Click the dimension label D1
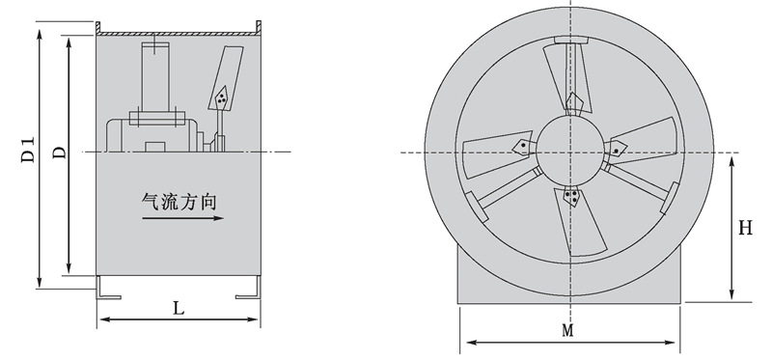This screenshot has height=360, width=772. (x=29, y=150)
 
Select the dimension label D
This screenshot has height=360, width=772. (x=59, y=152)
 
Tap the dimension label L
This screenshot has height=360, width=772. (x=179, y=308)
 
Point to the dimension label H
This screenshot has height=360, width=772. (x=745, y=228)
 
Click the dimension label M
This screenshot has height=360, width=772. (x=567, y=330)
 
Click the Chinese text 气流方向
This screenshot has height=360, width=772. (x=179, y=202)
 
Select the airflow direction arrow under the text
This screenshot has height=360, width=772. (x=183, y=218)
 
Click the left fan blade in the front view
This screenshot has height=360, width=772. (x=497, y=152)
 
